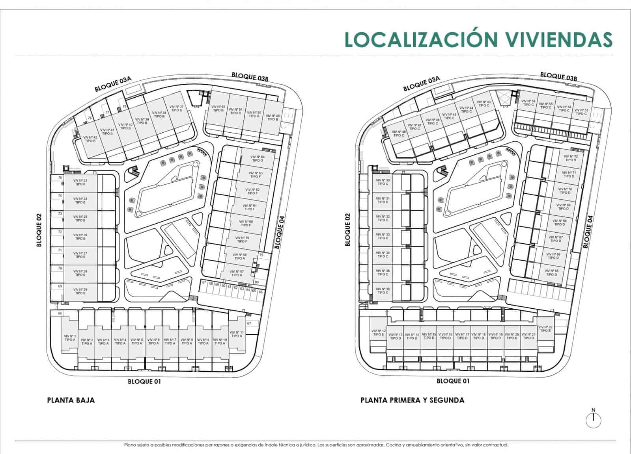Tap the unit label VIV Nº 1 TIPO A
[70, 338]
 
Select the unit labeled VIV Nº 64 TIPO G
[257, 159]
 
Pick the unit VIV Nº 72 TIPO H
[570, 158]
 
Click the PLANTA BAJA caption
[71, 400]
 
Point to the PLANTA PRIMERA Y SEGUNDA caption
[412, 400]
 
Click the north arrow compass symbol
[593, 420]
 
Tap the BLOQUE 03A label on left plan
[112, 84]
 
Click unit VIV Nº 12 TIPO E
[378, 333]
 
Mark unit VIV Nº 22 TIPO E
[545, 329]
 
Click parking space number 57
[204, 283]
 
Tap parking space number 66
[261, 292]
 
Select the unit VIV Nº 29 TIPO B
[80, 291]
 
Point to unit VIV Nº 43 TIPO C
[484, 104]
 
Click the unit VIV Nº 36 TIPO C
[383, 291]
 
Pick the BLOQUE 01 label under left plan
[144, 381]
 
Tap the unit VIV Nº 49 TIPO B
[273, 117]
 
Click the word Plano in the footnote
[130, 445]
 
